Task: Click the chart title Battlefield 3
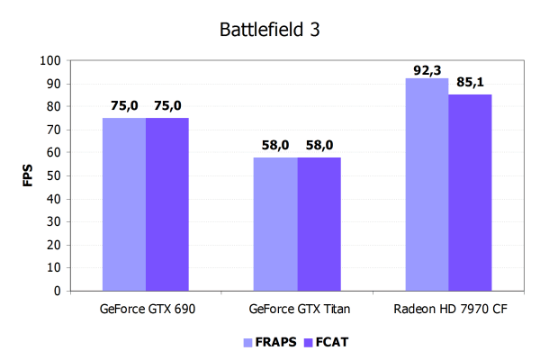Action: (270, 29)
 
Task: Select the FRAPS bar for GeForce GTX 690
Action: (124, 204)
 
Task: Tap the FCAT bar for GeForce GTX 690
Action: (167, 204)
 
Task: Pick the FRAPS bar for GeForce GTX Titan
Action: (275, 224)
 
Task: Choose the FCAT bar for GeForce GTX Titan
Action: (319, 224)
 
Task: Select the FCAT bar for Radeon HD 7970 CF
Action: (470, 193)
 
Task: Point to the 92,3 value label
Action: (427, 68)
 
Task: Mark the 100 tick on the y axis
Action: (50, 61)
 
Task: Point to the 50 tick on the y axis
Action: (53, 175)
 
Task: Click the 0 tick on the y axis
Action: (56, 291)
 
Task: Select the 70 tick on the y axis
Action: (53, 130)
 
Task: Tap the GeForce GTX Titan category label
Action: (297, 309)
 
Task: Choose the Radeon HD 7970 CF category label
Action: (448, 309)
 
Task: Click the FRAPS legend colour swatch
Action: (248, 342)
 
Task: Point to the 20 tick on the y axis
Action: (53, 245)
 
